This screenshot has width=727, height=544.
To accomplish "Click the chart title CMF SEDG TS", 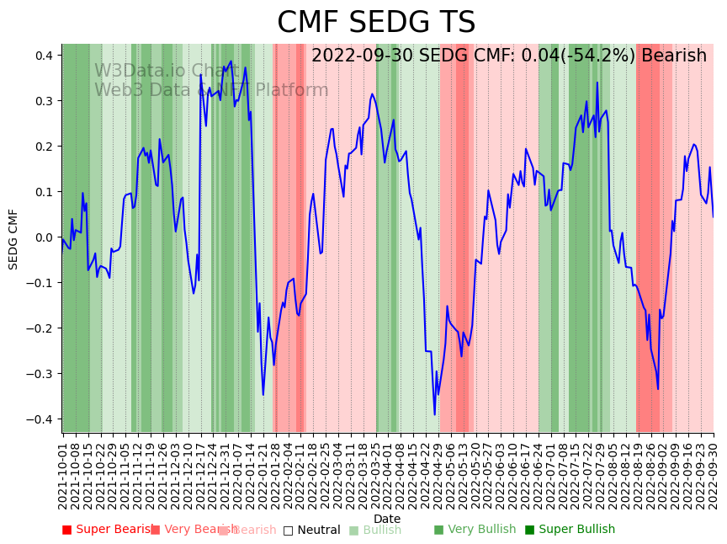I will point(376,23).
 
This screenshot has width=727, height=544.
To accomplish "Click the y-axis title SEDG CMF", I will point(13,238).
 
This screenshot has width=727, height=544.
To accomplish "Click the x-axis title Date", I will point(387,519).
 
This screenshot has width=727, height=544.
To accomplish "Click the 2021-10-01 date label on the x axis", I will point(62,472).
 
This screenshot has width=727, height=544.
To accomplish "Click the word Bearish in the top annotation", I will point(673,56).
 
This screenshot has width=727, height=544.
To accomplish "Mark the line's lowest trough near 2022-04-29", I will point(435,414).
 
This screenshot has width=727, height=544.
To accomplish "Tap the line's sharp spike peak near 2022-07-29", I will point(597,83).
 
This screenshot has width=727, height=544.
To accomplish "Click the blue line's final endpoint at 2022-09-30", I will point(714,217).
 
